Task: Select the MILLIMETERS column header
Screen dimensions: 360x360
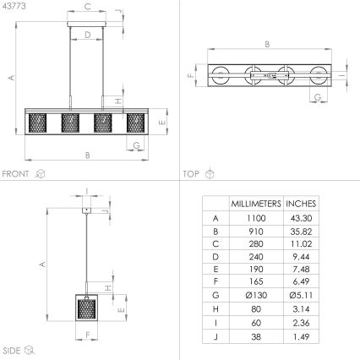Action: point(255,204)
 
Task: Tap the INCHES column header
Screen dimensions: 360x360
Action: point(302,204)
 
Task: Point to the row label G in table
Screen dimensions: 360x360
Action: point(215,295)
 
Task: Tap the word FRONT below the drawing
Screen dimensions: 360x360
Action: point(17,174)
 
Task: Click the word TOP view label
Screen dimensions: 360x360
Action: point(191,174)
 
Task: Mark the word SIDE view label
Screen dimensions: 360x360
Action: point(12,349)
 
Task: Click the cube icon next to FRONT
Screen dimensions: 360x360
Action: point(40,174)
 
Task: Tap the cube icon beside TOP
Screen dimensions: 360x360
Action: point(210,174)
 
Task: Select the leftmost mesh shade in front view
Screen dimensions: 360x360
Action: point(39,123)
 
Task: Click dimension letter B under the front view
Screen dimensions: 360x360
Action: point(88,155)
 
